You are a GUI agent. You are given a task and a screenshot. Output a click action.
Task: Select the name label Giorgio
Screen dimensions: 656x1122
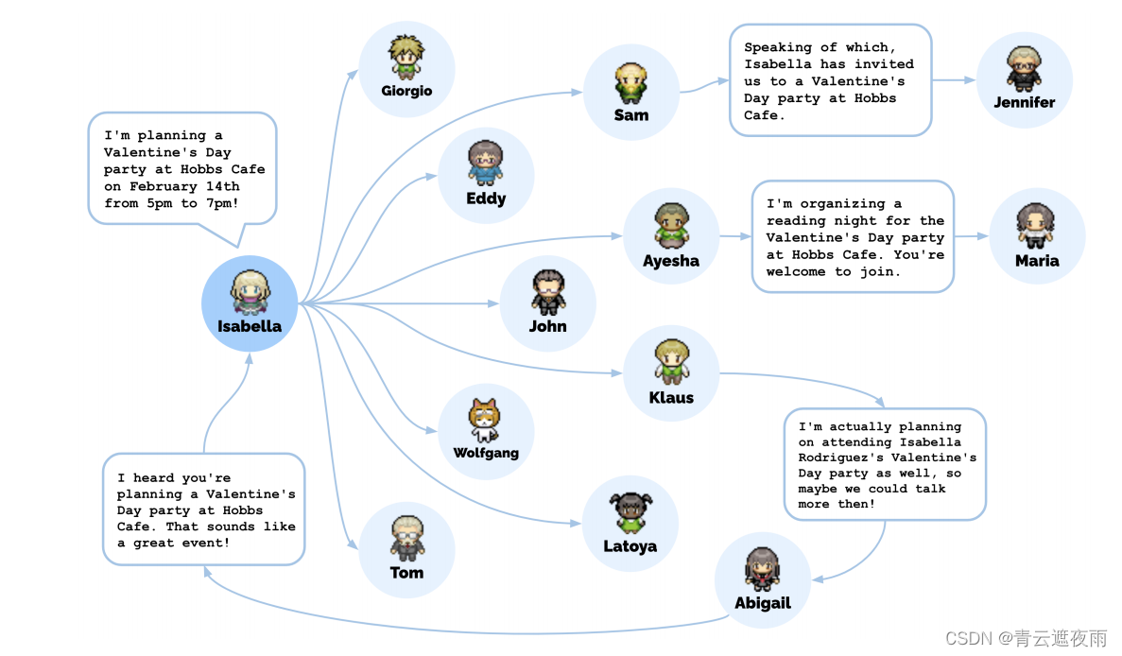click(406, 91)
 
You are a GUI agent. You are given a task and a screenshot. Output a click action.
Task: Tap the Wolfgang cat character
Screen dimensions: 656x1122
click(485, 420)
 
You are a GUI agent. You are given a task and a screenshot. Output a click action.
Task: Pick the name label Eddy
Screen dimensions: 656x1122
click(486, 199)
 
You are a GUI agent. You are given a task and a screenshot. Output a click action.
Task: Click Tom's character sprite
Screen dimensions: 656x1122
click(407, 538)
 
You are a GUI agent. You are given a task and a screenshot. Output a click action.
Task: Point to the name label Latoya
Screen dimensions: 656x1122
click(630, 546)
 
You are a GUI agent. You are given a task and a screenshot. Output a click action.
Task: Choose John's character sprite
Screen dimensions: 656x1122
click(547, 292)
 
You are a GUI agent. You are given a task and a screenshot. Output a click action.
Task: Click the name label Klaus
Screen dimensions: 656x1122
click(671, 398)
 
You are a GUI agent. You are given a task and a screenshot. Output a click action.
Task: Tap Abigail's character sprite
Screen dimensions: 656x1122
click(762, 569)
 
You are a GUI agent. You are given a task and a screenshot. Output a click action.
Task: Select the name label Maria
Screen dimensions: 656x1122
click(1037, 261)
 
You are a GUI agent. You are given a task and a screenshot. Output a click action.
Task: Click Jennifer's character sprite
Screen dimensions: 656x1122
click(1024, 69)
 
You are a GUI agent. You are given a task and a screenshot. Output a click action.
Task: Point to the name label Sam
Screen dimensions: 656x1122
click(630, 115)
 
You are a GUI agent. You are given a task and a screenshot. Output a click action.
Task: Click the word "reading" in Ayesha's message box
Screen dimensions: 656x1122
click(798, 220)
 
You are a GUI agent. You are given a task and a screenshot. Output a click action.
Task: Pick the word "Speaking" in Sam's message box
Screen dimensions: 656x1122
click(778, 47)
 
